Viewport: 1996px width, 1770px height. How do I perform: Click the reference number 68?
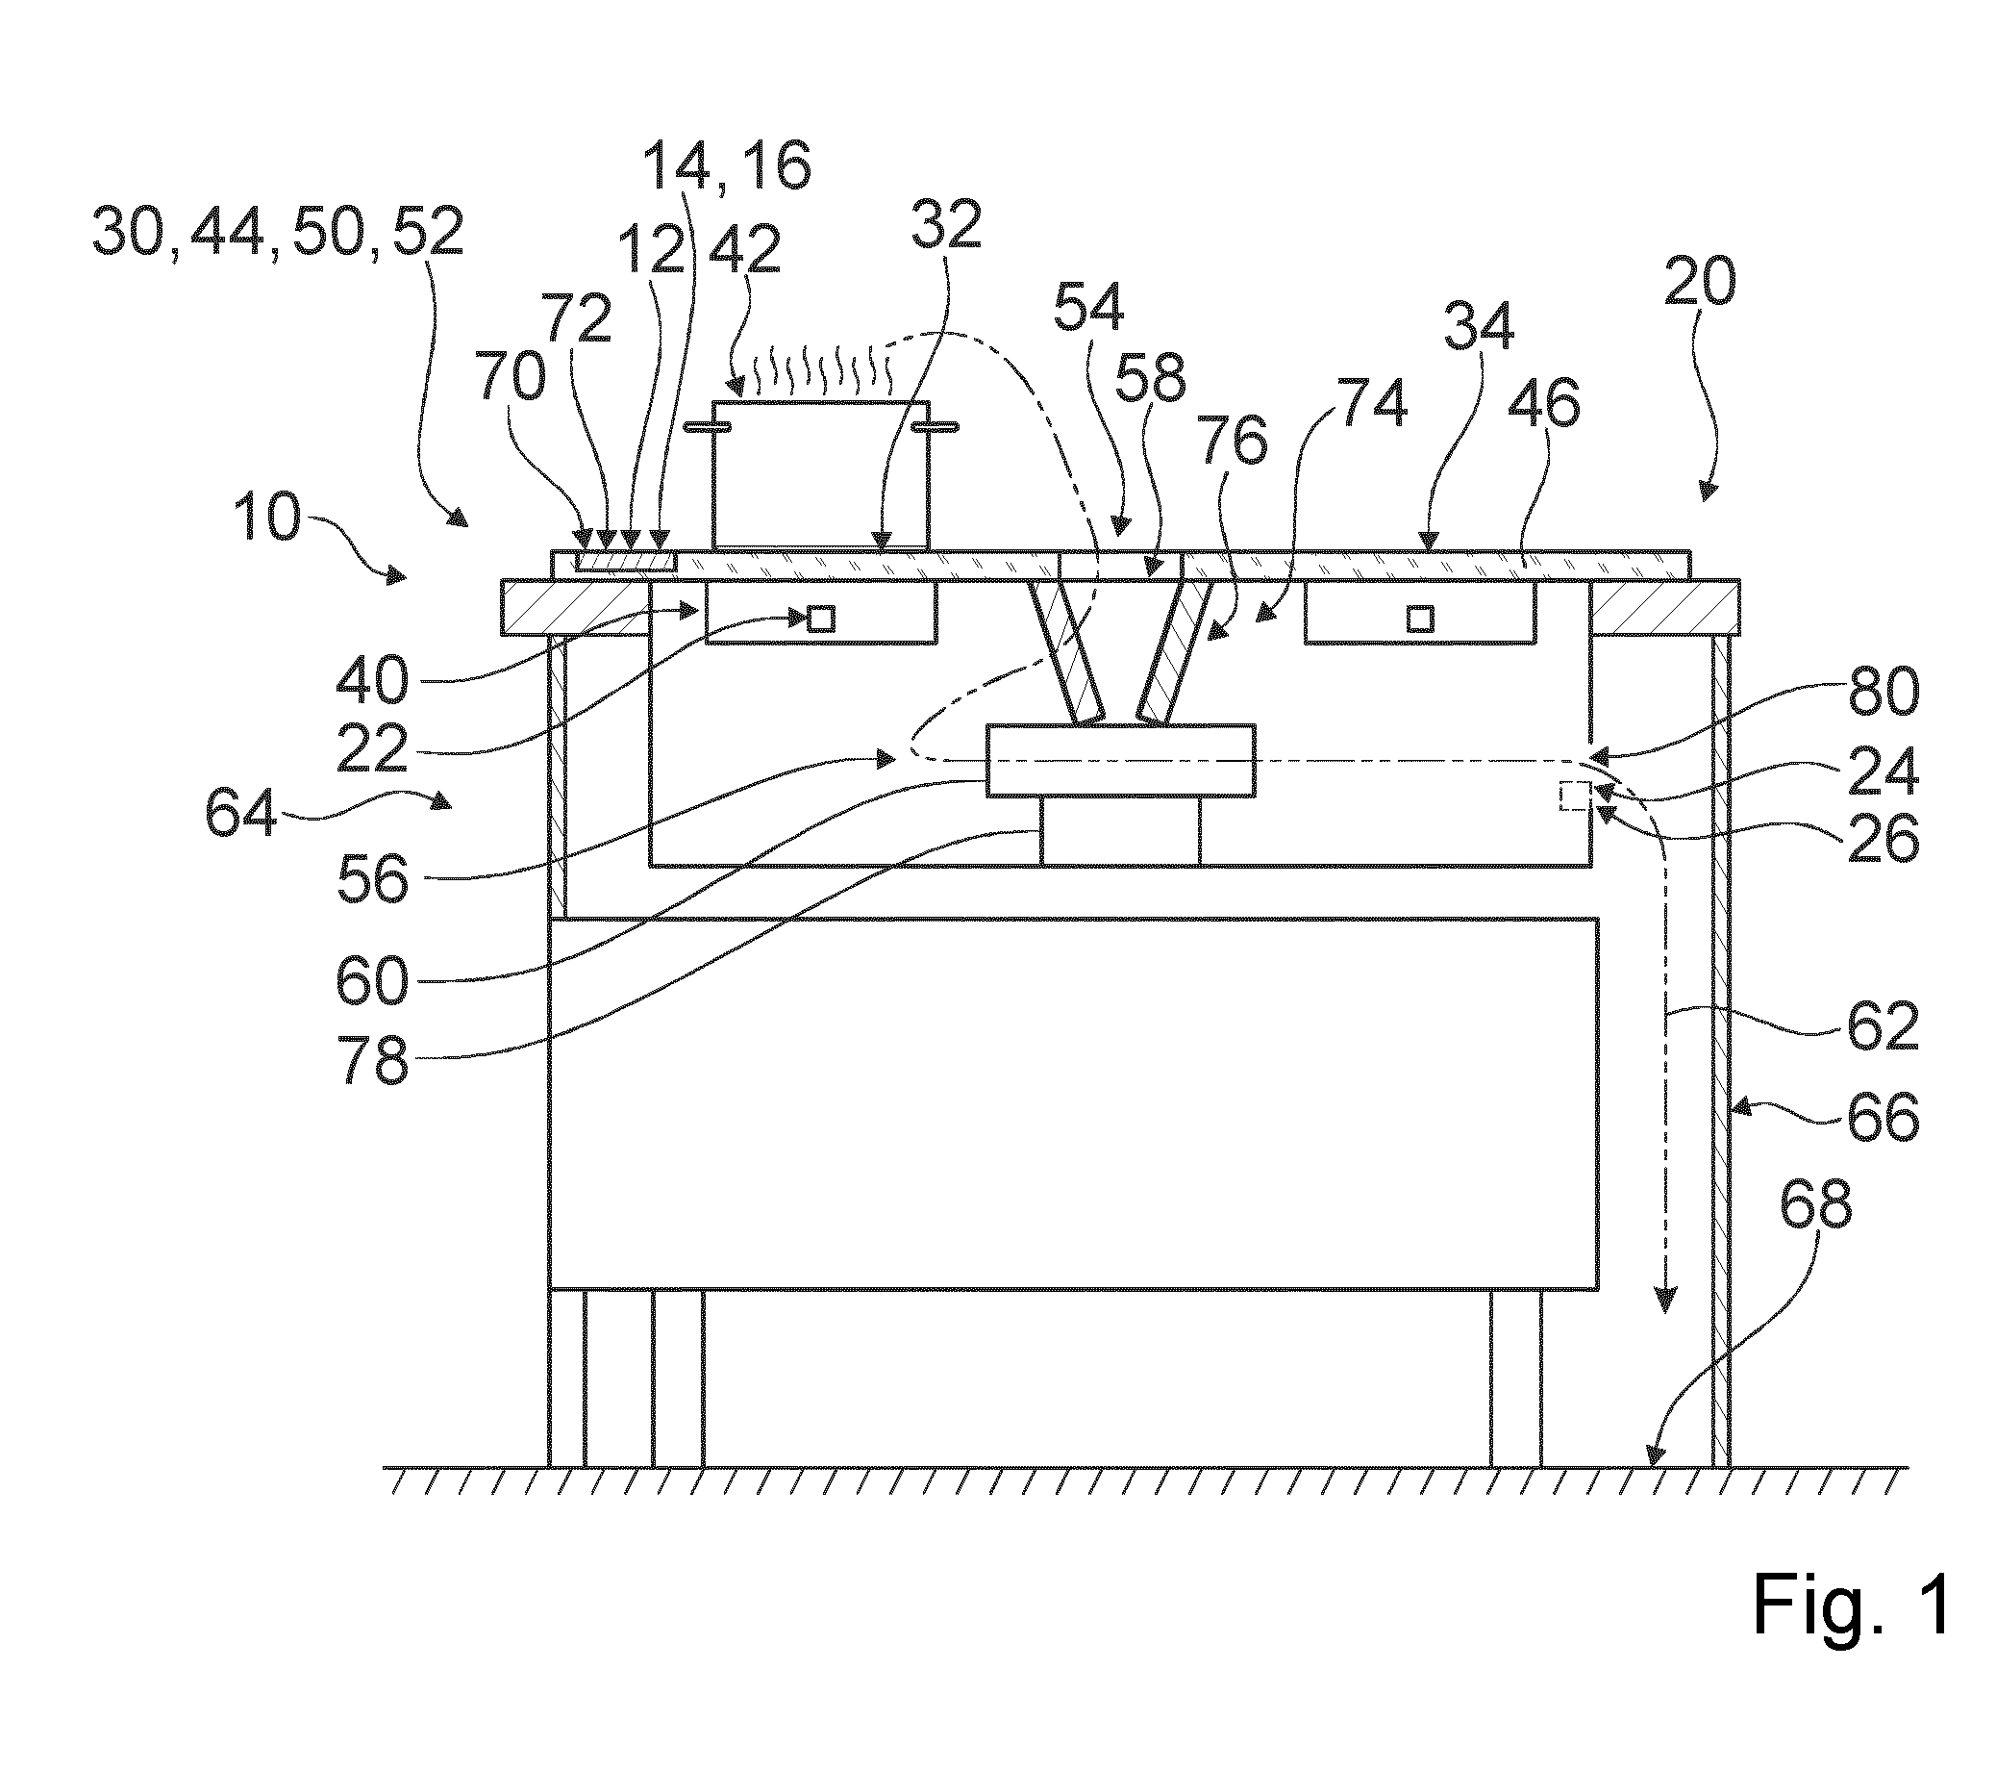pos(1815,1207)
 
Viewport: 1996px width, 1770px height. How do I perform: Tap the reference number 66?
pos(1883,1117)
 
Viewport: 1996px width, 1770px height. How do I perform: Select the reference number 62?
pos(1883,1026)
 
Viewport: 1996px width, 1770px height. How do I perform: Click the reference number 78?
pos(373,1059)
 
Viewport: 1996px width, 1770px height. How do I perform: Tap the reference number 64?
pos(241,813)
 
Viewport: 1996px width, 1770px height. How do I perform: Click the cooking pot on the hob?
pos(820,475)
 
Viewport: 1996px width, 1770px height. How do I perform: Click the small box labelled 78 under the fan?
pos(1120,830)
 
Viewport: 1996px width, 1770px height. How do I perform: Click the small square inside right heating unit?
pos(1420,619)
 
